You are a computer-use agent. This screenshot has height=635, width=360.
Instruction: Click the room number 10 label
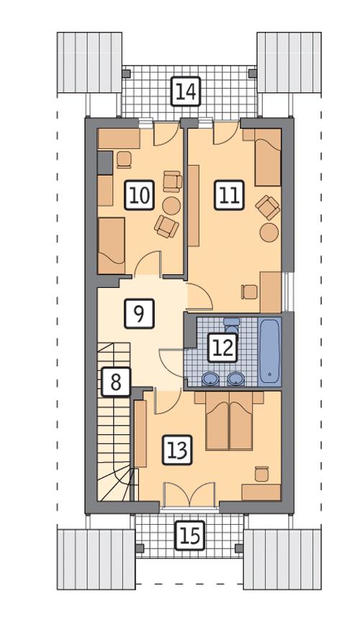tap(140, 195)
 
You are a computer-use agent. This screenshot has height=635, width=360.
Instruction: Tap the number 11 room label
tap(229, 195)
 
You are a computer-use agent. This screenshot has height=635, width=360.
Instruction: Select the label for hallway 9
tap(139, 313)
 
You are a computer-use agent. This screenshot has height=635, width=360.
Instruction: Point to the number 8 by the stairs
tap(115, 382)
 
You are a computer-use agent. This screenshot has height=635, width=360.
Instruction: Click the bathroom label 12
tap(222, 348)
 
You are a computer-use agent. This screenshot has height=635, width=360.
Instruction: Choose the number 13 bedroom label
tap(176, 451)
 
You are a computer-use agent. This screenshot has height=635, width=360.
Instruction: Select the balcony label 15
tap(189, 536)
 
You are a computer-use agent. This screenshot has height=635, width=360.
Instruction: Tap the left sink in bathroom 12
tap(210, 378)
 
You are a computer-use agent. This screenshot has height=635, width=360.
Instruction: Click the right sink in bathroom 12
tap(235, 378)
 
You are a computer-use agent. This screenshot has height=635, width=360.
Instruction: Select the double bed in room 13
tap(228, 421)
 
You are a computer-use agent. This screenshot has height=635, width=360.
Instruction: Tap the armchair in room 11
tap(267, 207)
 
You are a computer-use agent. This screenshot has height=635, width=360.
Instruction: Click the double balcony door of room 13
tap(189, 497)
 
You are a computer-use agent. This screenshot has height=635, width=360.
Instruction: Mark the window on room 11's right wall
tap(287, 292)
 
